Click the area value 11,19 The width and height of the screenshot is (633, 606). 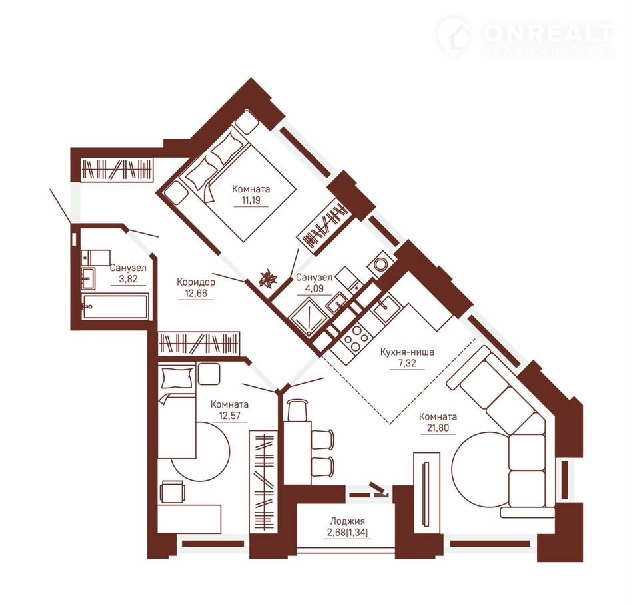tap(251, 200)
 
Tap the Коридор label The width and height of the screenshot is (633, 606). tap(196, 282)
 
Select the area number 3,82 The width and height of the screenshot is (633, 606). tap(129, 279)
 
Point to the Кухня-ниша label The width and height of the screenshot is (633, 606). tap(407, 352)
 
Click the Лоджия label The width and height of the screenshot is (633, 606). tap(347, 521)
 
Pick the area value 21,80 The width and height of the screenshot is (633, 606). tap(438, 428)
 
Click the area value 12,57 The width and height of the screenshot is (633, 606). tap(229, 415)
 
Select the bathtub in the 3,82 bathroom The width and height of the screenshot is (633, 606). tap(115, 306)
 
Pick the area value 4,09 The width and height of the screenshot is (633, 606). tap(315, 289)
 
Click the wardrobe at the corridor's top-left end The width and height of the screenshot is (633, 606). tap(117, 169)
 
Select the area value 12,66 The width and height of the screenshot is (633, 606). tap(196, 293)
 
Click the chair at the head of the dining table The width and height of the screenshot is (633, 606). tap(298, 410)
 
